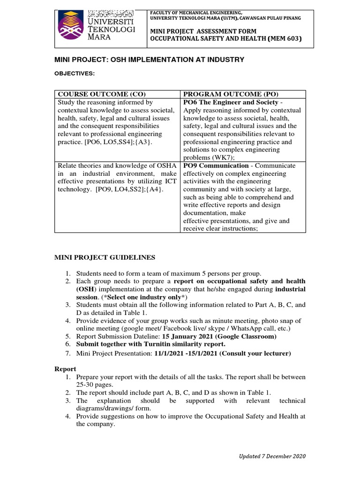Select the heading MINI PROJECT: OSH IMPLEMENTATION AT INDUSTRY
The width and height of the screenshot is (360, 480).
[x=150, y=60]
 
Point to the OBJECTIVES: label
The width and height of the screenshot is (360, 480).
[x=75, y=74]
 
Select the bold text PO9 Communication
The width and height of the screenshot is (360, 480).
[x=216, y=165]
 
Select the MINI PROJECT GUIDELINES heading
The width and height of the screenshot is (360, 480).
[x=105, y=257]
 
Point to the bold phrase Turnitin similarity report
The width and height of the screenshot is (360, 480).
[x=192, y=345]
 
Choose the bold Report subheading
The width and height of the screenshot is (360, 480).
[x=65, y=369]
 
